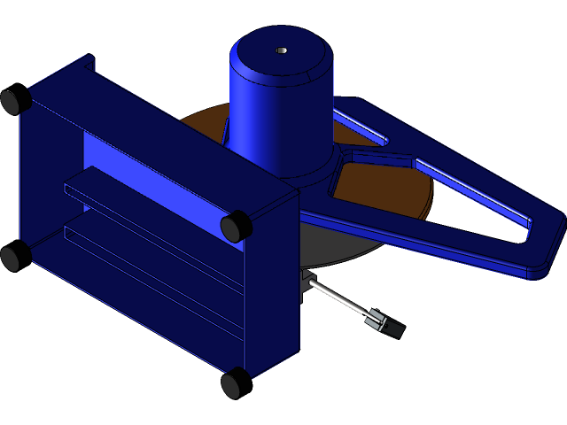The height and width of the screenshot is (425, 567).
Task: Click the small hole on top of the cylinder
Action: tap(281, 50)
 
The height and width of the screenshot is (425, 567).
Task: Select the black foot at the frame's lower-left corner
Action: tap(10, 258)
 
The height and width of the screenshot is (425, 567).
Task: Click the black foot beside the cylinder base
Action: tap(237, 227)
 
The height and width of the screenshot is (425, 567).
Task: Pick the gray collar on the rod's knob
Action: tap(377, 320)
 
